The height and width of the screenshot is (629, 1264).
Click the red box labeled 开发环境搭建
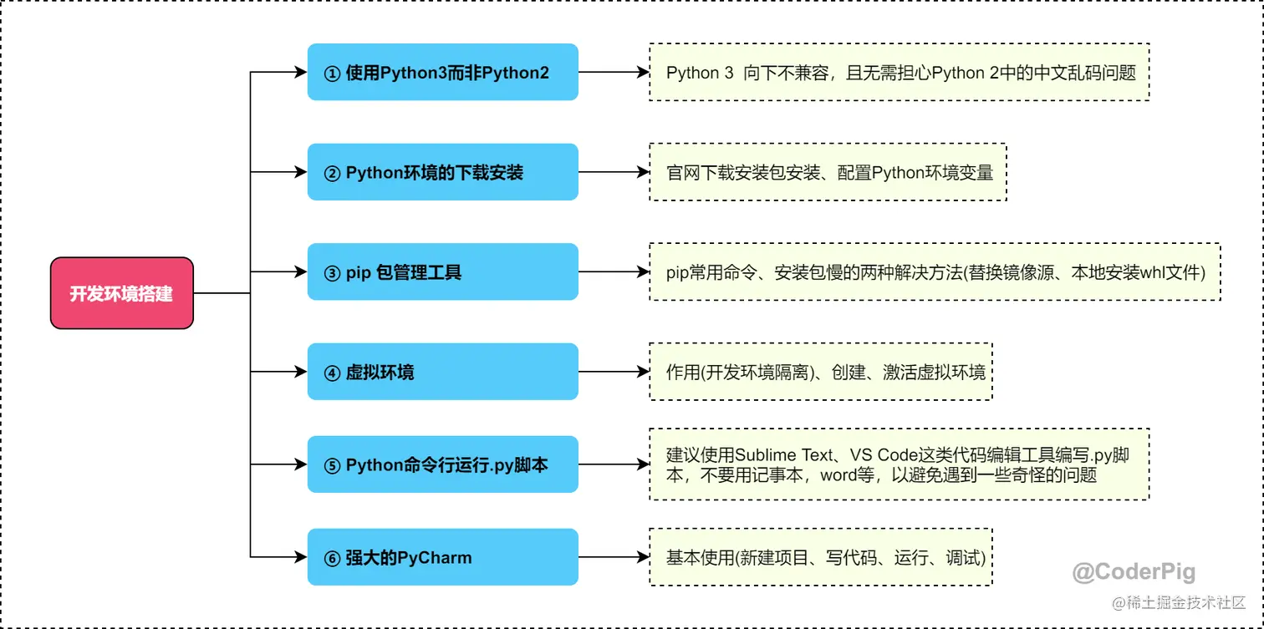tap(121, 293)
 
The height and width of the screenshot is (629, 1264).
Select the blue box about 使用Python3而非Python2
tap(442, 73)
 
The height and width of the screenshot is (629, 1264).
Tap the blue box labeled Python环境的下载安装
tap(442, 172)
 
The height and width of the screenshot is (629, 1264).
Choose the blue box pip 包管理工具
tap(442, 271)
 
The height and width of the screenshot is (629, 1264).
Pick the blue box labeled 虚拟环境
tap(442, 372)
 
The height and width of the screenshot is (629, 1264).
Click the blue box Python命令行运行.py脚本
tap(442, 464)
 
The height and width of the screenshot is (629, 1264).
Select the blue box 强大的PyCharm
tap(442, 557)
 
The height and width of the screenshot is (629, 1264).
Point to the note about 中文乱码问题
tap(900, 73)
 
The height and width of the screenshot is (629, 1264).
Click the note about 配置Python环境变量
tap(828, 172)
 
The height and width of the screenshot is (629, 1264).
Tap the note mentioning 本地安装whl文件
tap(935, 271)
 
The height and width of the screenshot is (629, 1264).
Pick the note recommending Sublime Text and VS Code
tap(900, 464)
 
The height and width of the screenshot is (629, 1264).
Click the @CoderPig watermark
tap(1134, 572)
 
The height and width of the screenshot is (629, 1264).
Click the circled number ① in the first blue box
tap(332, 74)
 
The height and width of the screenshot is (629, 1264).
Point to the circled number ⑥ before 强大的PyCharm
tap(332, 558)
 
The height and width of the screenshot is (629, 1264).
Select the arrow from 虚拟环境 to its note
tap(614, 372)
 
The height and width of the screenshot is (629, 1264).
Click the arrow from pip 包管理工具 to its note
tap(614, 271)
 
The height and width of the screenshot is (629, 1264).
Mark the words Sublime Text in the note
tap(784, 455)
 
